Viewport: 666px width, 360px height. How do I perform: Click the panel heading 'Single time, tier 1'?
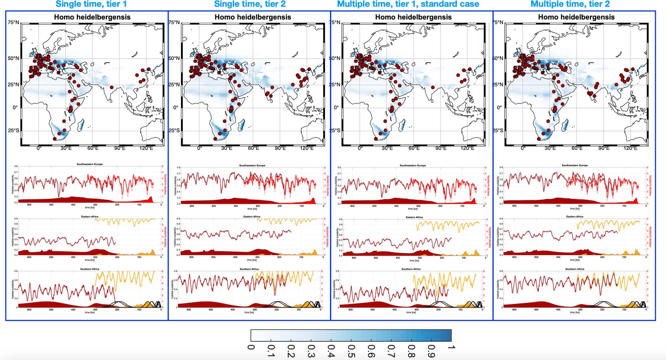(91, 4)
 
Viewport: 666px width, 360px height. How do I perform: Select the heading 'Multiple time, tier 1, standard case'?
(408, 4)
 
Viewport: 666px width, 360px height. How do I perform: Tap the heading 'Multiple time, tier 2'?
(570, 4)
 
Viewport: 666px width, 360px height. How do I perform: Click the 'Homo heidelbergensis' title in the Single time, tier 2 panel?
(253, 17)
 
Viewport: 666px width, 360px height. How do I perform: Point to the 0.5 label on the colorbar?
(351, 351)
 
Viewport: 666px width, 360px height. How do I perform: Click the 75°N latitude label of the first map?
(13, 22)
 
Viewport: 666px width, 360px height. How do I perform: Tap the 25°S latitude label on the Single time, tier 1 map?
(13, 130)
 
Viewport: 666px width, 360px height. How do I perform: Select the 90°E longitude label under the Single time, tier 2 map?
(280, 148)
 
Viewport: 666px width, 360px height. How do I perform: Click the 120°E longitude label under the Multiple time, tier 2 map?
(630, 148)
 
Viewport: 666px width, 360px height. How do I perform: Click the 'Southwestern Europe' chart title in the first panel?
(89, 164)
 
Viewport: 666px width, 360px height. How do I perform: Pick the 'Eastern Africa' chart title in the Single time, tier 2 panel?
(252, 216)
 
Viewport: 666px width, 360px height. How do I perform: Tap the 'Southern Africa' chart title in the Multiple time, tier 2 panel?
(575, 269)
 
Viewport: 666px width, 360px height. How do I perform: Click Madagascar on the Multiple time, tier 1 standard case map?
(402, 126)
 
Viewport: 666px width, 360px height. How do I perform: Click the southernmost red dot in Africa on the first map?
(55, 139)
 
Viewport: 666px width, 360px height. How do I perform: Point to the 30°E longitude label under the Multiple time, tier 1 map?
(387, 148)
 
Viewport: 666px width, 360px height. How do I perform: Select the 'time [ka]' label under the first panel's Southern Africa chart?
(89, 312)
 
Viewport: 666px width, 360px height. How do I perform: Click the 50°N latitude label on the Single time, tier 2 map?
(174, 58)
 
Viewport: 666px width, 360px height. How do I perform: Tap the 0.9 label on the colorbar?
(431, 351)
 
